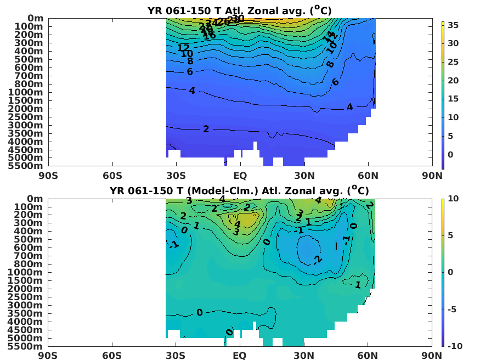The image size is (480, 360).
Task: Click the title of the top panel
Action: [240, 10]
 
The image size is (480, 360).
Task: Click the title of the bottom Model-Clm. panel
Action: [240, 190]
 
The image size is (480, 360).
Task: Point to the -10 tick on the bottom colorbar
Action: [454, 346]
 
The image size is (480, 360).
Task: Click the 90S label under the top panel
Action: [48, 176]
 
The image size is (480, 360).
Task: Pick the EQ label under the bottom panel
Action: [240, 356]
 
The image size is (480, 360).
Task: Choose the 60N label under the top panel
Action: [368, 176]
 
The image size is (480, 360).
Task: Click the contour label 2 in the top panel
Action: [206, 129]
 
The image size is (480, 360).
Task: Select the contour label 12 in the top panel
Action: [183, 48]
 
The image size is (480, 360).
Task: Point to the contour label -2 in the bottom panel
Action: [317, 260]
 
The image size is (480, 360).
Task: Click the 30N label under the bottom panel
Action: [304, 356]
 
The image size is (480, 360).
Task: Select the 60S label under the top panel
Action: [112, 176]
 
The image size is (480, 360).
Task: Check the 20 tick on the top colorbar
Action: [453, 81]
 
